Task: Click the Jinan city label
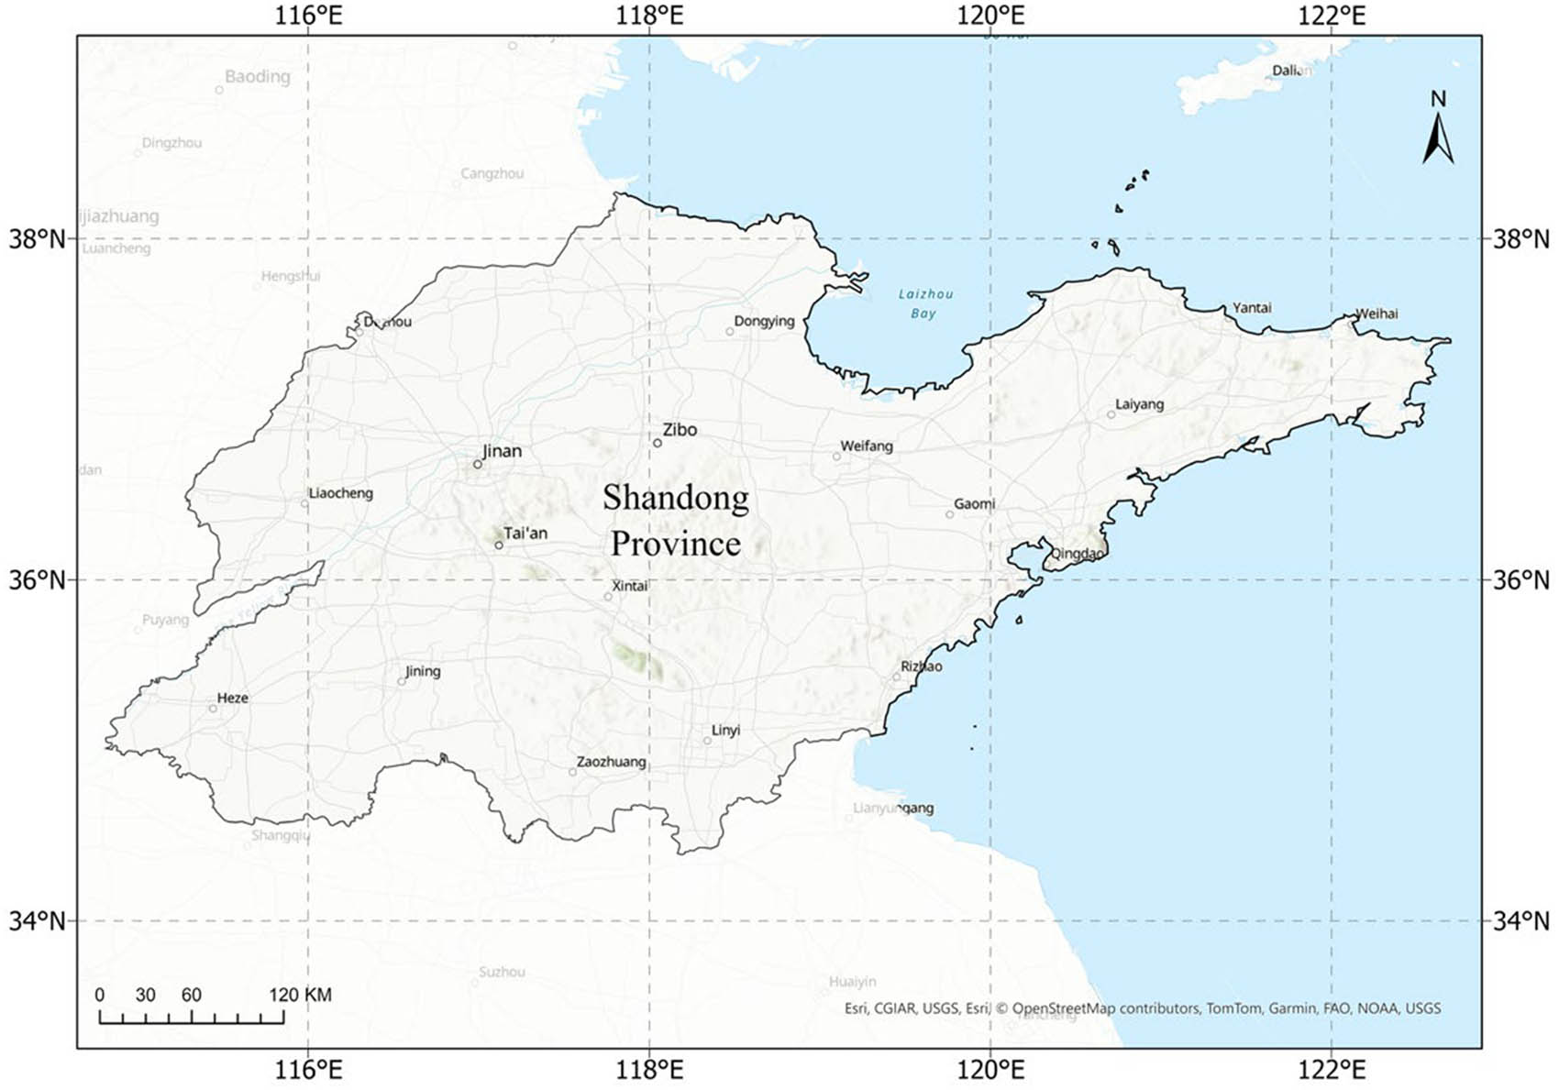(x=502, y=451)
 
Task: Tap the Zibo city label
(x=680, y=429)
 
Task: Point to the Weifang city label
(x=867, y=446)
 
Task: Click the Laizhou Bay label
(x=924, y=303)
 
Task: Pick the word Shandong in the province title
(x=676, y=498)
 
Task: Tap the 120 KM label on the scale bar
(x=300, y=995)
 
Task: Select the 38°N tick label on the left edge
(x=38, y=239)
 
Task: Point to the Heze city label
(x=233, y=698)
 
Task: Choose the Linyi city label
(x=725, y=730)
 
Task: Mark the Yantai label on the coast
(x=1252, y=307)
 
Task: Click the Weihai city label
(x=1377, y=314)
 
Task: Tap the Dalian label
(x=1291, y=71)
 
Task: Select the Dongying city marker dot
(x=730, y=331)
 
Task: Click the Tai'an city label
(x=525, y=533)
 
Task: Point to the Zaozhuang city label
(x=611, y=762)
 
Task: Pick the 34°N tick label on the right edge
(x=1521, y=920)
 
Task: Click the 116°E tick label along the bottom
(x=308, y=1069)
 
